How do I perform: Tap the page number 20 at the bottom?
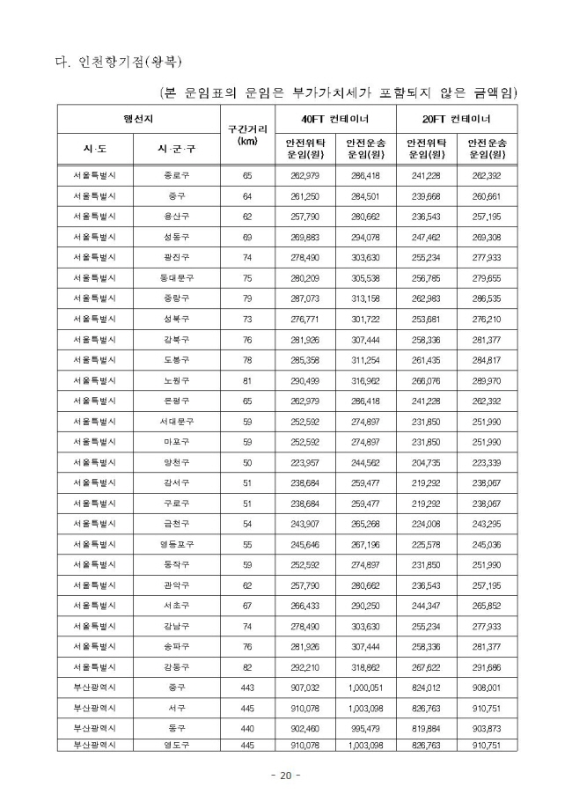click(x=285, y=776)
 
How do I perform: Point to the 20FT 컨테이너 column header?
click(x=457, y=118)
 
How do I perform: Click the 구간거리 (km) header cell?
click(x=247, y=135)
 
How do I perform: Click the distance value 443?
click(x=247, y=687)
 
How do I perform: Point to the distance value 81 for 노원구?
click(x=247, y=380)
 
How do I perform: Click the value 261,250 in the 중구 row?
click(x=304, y=195)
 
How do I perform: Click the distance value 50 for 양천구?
click(x=247, y=462)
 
